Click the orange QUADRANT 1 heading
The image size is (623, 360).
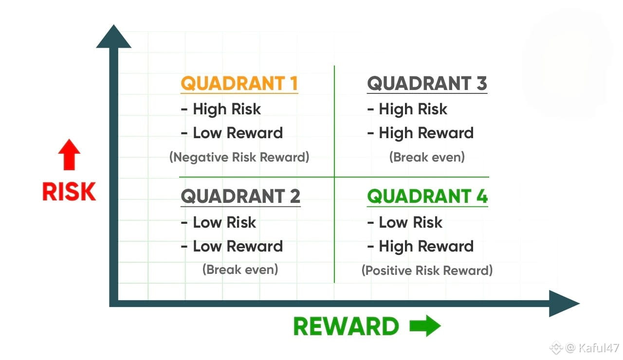pyautogui.click(x=239, y=84)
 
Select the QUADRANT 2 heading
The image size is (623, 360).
pyautogui.click(x=240, y=197)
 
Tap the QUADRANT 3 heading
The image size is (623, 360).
pyautogui.click(x=427, y=84)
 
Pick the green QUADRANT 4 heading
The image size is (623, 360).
pyautogui.click(x=427, y=197)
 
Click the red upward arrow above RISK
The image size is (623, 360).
pyautogui.click(x=69, y=155)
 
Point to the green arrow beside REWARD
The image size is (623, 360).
pyautogui.click(x=425, y=326)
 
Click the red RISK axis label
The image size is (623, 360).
pyautogui.click(x=69, y=192)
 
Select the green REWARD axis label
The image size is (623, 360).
pyautogui.click(x=346, y=326)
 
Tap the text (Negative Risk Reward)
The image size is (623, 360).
pyautogui.click(x=239, y=157)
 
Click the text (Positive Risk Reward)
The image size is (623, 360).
pyautogui.click(x=427, y=270)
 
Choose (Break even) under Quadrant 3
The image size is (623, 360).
pyautogui.click(x=427, y=157)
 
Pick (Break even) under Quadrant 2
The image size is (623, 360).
pyautogui.click(x=240, y=269)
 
